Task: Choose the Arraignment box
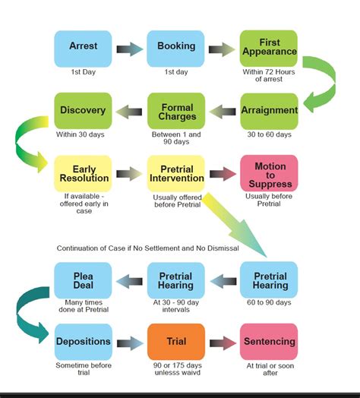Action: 269,111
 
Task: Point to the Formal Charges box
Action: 175,111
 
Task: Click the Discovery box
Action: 83,111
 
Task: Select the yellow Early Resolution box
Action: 83,173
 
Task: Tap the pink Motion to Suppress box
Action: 269,173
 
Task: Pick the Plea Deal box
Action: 83,280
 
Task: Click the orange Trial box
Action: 175,342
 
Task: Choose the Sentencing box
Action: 269,342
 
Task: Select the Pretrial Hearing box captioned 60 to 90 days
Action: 269,280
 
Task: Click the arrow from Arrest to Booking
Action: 129,50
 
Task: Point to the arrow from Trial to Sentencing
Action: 222,343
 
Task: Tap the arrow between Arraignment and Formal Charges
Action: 222,112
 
